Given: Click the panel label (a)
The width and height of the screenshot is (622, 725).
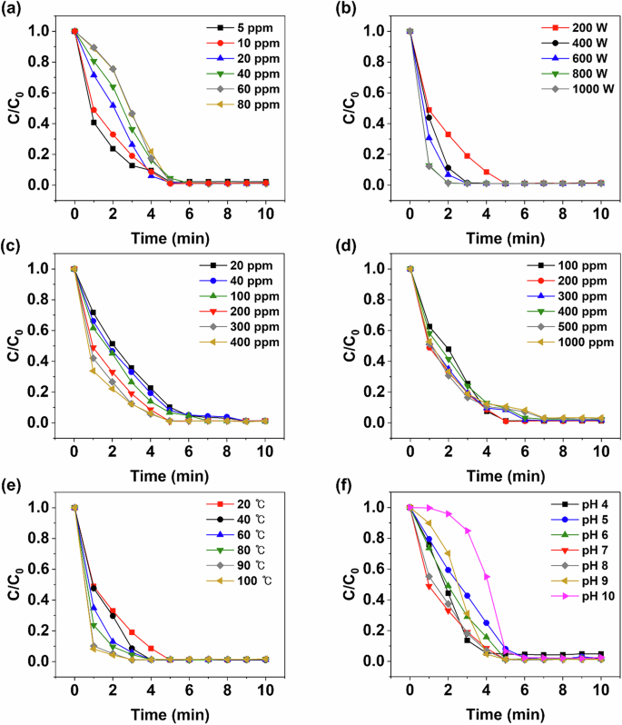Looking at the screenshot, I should pos(14,11).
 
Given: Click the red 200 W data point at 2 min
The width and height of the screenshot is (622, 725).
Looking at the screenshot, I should pos(449,134).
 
